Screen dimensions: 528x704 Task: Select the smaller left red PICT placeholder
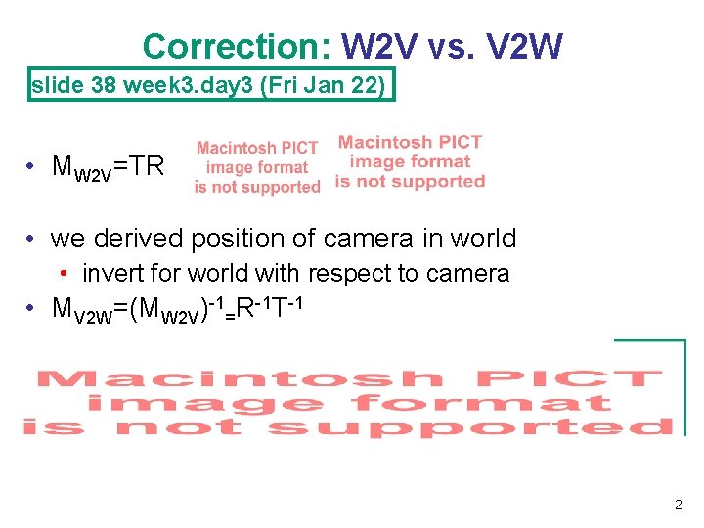coord(257,167)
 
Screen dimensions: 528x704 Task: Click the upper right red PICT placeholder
coord(410,162)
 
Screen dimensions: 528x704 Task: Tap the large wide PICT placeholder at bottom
coord(349,402)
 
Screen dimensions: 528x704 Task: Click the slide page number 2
coord(678,506)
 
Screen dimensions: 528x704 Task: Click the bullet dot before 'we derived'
coord(32,239)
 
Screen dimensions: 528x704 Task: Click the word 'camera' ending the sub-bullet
coord(468,273)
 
